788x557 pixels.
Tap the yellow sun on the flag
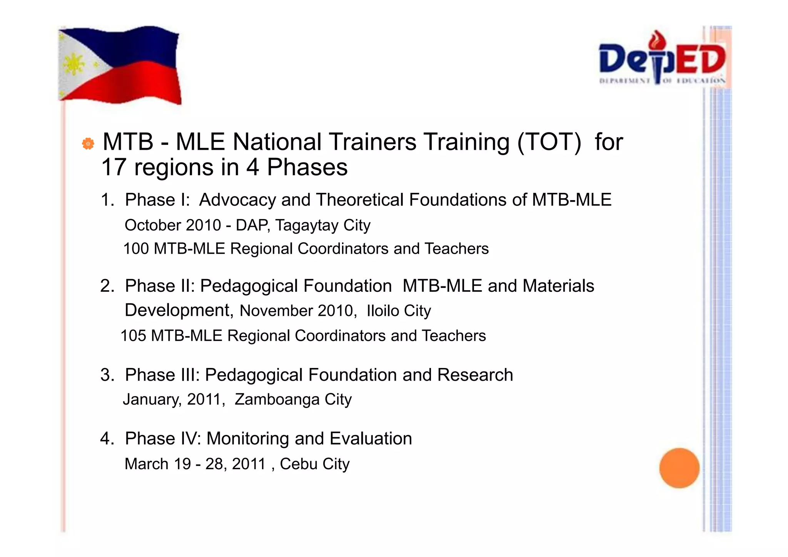click(x=74, y=64)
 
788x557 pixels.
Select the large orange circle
click(x=679, y=468)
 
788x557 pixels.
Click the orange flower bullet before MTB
click(x=88, y=144)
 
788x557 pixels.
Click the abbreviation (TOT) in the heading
click(x=549, y=142)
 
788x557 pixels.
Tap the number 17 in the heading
click(x=114, y=167)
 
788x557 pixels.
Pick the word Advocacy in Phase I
click(x=237, y=200)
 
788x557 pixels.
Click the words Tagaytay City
click(x=322, y=225)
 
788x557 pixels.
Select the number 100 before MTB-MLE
click(x=136, y=249)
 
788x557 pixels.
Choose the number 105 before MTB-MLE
click(x=134, y=336)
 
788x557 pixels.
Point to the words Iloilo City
click(x=399, y=311)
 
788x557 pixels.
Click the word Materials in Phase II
click(x=558, y=286)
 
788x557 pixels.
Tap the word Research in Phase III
click(x=475, y=375)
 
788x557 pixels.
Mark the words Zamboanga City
click(x=293, y=400)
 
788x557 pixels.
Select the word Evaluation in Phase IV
click(x=371, y=438)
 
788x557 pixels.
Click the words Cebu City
click(x=314, y=464)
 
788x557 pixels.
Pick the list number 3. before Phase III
click(x=107, y=375)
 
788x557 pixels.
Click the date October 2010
click(x=173, y=225)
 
